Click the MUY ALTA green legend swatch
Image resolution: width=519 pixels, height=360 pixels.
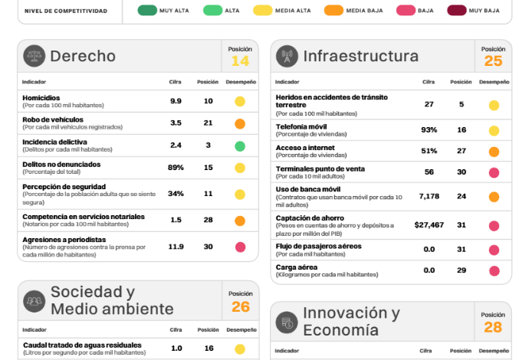[148, 11]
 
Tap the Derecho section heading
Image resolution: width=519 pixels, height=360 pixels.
[83, 56]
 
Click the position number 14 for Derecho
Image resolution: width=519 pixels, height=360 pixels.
[240, 61]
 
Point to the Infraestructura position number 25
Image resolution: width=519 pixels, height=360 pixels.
[493, 61]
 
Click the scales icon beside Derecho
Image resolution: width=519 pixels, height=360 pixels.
[34, 56]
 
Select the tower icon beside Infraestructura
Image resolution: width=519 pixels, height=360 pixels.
[287, 57]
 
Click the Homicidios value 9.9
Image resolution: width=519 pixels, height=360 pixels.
[176, 101]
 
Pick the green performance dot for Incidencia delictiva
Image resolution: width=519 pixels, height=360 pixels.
[240, 146]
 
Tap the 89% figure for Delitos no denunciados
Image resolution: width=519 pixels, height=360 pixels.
[176, 167]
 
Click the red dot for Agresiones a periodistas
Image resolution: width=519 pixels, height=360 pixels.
[240, 247]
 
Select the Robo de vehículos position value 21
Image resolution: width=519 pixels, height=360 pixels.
[208, 123]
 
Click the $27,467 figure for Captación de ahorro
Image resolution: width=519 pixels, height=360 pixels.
[429, 225]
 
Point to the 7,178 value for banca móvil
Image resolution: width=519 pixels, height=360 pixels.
[429, 196]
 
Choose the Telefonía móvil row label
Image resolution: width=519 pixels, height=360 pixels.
[301, 126]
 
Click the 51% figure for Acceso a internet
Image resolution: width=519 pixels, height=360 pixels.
[429, 151]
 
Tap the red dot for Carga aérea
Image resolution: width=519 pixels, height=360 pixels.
[493, 270]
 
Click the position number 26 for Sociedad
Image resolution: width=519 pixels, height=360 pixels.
[240, 307]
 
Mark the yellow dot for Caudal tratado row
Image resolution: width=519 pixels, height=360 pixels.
[240, 349]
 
